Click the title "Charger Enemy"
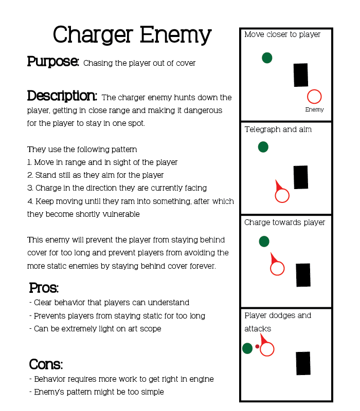[x=132, y=35]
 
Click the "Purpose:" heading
[x=53, y=62]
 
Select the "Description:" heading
[x=62, y=96]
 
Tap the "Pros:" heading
[x=44, y=288]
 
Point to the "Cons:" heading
[x=46, y=365]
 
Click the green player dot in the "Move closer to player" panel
[x=267, y=58]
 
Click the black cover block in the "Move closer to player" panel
[x=301, y=75]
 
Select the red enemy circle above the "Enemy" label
[x=314, y=97]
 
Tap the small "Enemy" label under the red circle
[x=314, y=109]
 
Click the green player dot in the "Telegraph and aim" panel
[x=263, y=147]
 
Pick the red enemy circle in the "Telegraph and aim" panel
[x=282, y=196]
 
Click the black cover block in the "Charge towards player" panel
[x=303, y=275]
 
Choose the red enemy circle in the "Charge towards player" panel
[x=277, y=268]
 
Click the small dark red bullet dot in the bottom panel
[x=257, y=346]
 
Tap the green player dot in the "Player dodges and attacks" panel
[x=247, y=348]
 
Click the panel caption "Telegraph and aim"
[x=278, y=129]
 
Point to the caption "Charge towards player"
[x=284, y=222]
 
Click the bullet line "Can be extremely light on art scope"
[x=97, y=329]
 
